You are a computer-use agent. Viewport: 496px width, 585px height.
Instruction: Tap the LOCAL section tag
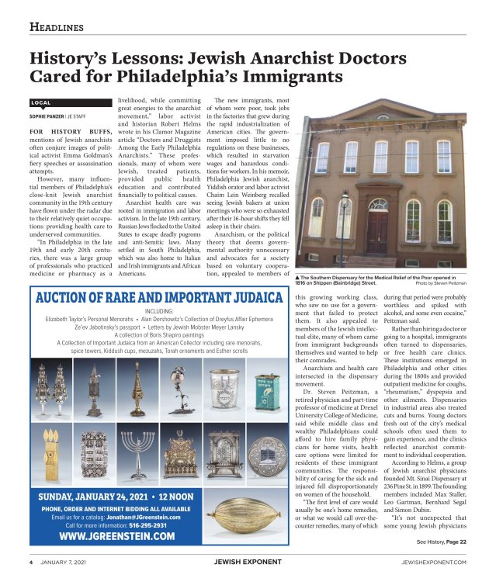coord(41,102)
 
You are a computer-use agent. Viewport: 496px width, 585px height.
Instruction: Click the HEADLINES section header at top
coord(56,28)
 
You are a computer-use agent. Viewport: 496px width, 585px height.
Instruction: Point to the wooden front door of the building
coord(379,231)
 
